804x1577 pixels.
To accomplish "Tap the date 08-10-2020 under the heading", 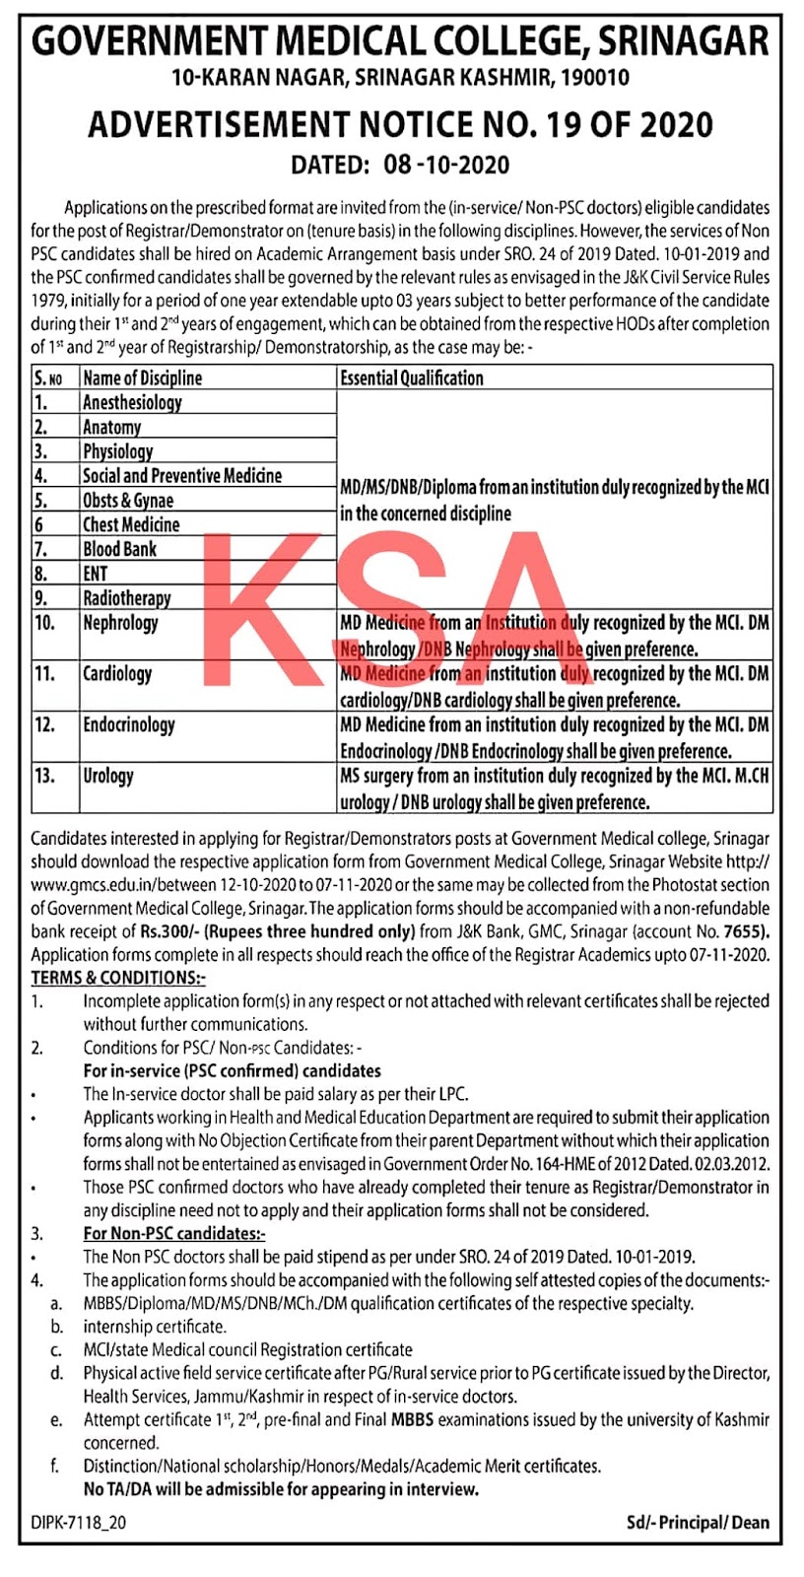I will (445, 165).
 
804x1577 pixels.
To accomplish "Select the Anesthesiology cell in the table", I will (132, 402).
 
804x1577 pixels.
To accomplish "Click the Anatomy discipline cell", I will (111, 427).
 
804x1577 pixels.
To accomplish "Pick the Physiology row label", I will (117, 451).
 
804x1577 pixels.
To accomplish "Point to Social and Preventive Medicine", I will (181, 475).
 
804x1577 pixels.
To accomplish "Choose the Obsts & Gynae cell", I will (127, 500).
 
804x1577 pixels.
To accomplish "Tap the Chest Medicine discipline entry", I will (131, 524).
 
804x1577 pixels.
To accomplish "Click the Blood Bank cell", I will (119, 549).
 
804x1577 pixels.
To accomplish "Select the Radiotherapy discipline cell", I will (126, 598).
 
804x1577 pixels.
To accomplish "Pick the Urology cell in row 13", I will (107, 776).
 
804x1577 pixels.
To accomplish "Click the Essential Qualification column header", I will (411, 377).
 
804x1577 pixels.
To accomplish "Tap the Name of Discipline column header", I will (142, 377).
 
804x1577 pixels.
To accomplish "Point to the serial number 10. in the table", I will (44, 623).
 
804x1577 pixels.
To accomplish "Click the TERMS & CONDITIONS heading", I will (118, 978).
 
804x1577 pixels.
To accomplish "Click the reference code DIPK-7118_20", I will (78, 1523).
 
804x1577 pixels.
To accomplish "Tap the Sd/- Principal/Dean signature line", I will (698, 1523).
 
